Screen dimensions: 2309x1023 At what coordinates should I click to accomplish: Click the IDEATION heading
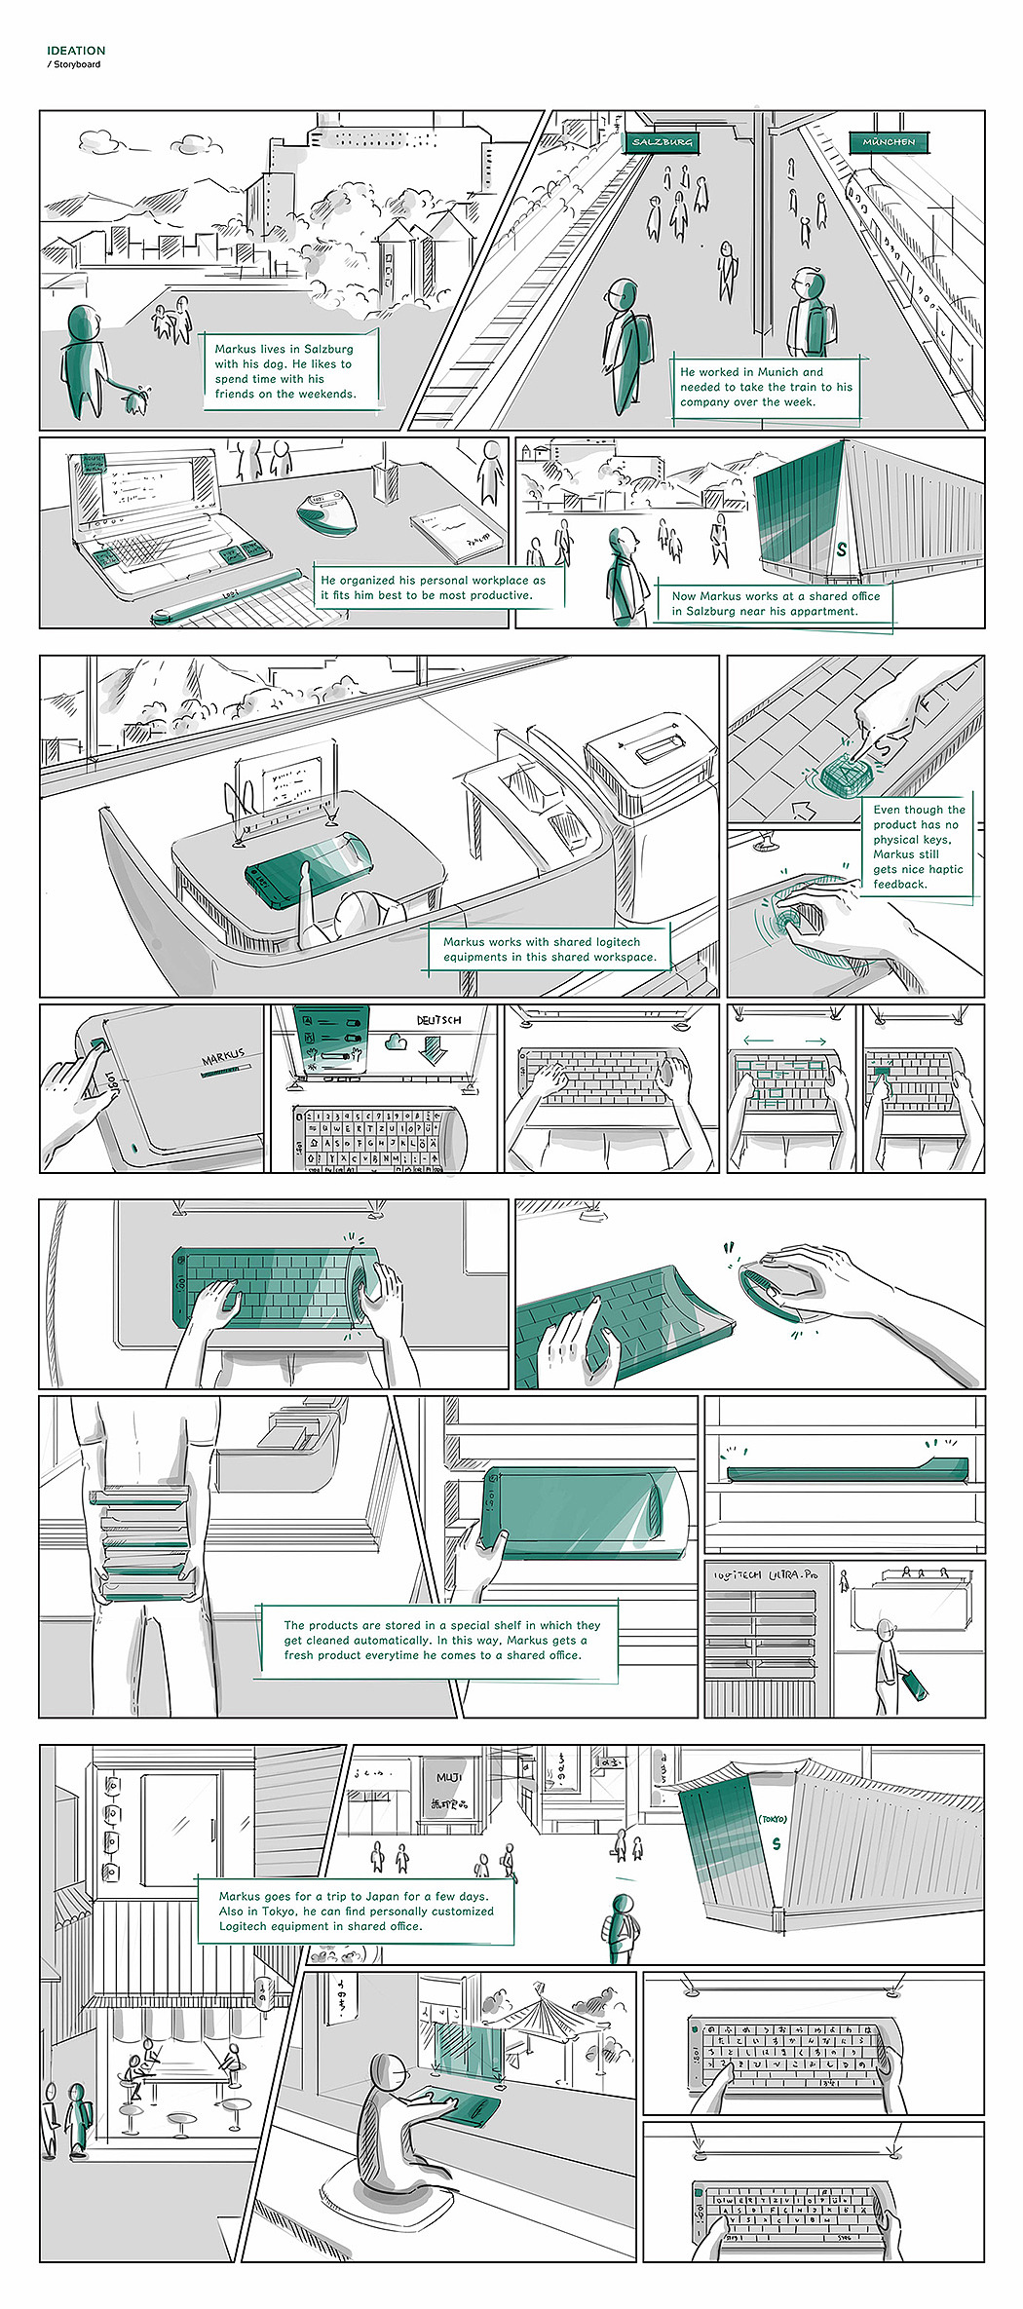click(x=76, y=51)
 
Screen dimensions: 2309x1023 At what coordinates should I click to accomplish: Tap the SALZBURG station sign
click(x=663, y=142)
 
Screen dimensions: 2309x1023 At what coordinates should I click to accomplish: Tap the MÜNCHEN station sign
click(x=889, y=142)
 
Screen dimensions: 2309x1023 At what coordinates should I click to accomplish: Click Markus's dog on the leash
click(x=135, y=399)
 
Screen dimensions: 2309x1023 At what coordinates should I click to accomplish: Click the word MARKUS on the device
click(x=224, y=1056)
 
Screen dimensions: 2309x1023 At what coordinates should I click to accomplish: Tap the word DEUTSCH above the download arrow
click(x=438, y=1020)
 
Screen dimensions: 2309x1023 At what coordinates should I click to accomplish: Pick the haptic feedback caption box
click(x=918, y=847)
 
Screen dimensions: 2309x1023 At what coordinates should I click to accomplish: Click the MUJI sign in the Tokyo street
click(x=448, y=1777)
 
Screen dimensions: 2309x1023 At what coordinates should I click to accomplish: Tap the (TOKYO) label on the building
click(x=773, y=1818)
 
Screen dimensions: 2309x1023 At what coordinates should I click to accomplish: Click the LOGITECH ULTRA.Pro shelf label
click(x=765, y=1574)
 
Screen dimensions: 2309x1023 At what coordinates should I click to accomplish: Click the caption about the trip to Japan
click(x=356, y=1911)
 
